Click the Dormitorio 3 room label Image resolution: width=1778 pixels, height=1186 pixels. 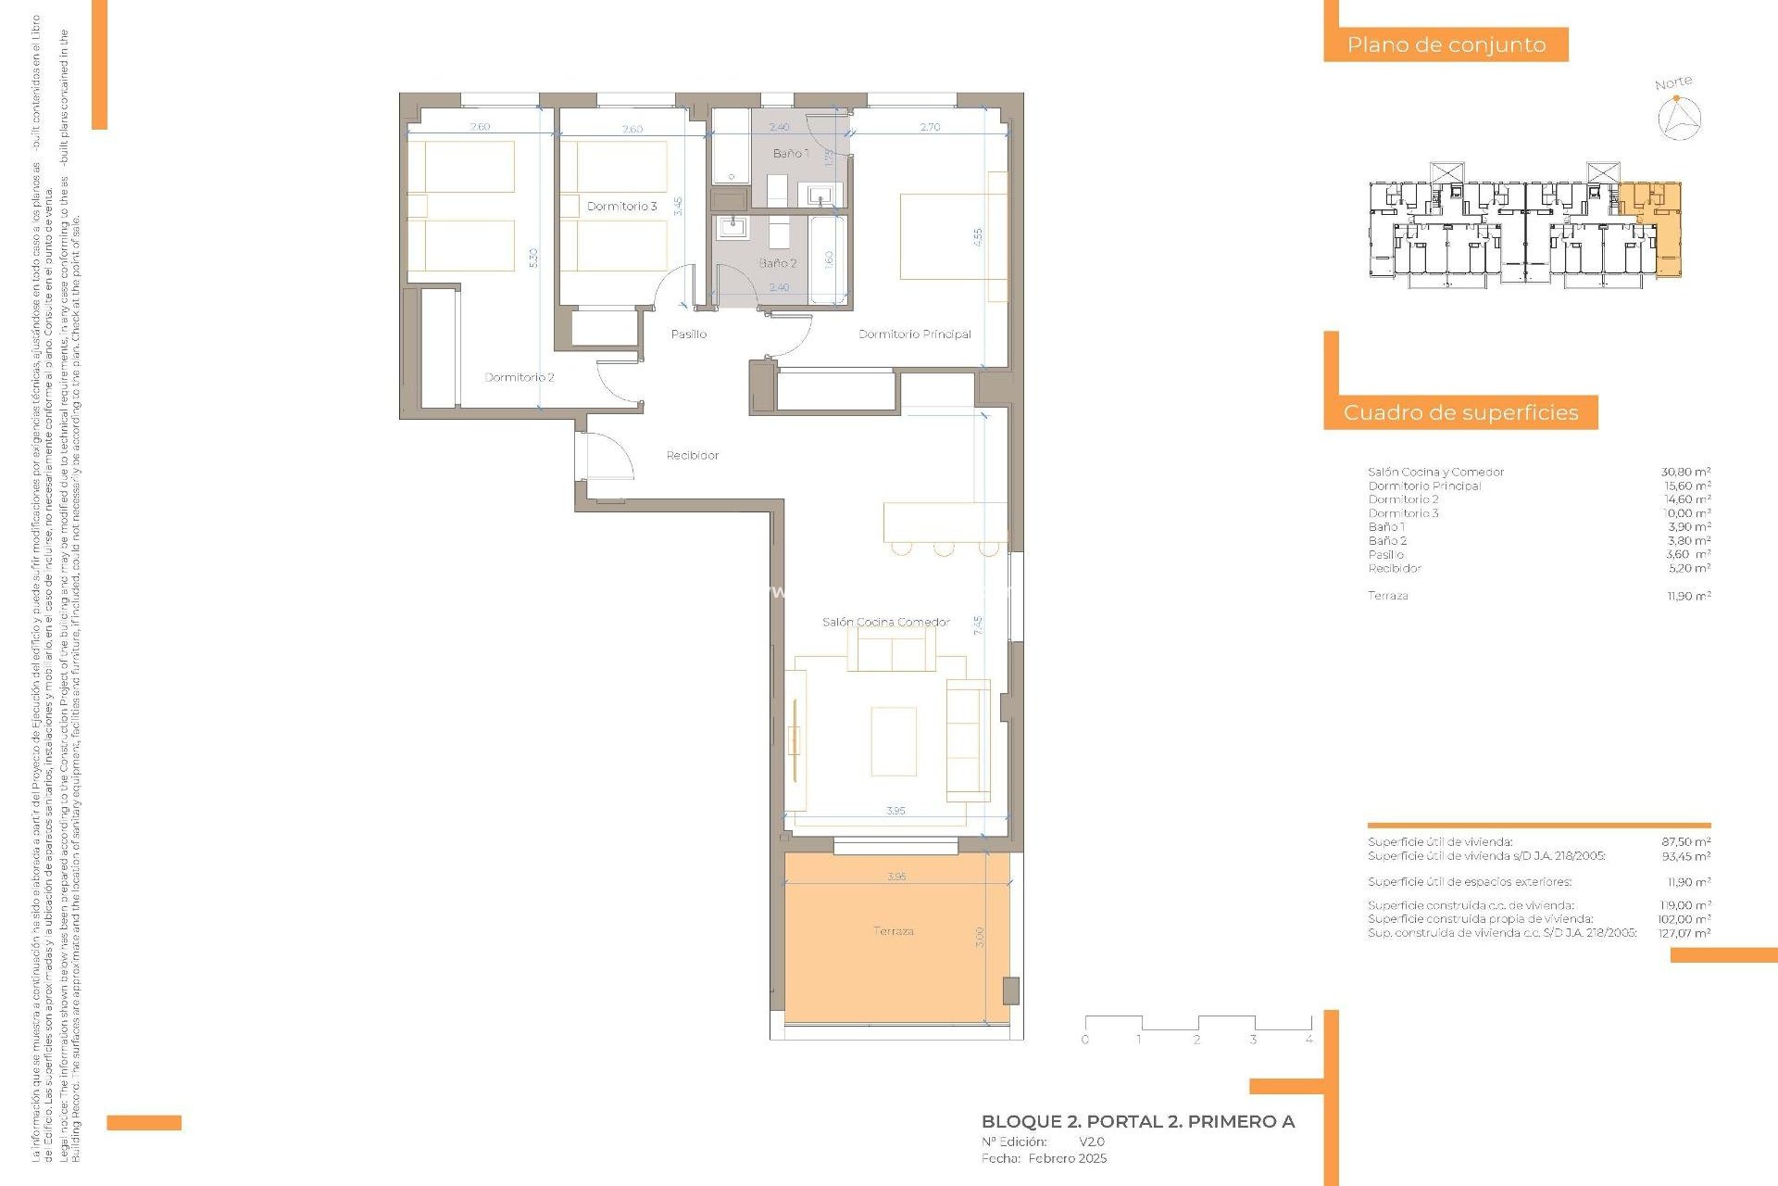point(621,207)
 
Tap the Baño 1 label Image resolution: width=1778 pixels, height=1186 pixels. point(790,154)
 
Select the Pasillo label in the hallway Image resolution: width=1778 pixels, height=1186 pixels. point(688,334)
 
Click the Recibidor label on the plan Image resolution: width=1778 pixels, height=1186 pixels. point(693,456)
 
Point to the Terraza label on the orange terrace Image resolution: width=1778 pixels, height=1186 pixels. point(894,931)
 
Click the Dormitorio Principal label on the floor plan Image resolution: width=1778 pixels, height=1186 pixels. point(914,334)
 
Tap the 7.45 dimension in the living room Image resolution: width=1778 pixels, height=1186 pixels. point(978,625)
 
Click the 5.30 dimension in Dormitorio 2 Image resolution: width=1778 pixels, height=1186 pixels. point(533,259)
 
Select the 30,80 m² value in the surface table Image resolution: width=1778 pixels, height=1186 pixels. point(1685,473)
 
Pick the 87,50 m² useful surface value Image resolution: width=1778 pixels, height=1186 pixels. point(1685,842)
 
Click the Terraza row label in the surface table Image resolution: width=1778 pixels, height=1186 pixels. point(1387,596)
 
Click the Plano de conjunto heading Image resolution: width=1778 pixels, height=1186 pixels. point(1446,44)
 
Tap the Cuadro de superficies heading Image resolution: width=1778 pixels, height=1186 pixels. point(1460,413)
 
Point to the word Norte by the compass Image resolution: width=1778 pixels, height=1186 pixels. point(1673,83)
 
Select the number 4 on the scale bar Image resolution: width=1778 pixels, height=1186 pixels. point(1308,1040)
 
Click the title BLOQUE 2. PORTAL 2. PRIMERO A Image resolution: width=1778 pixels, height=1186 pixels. point(1137,1122)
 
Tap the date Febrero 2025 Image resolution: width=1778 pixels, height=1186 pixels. point(1067,1158)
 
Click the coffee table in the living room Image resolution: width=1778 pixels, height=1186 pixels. point(894,741)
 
